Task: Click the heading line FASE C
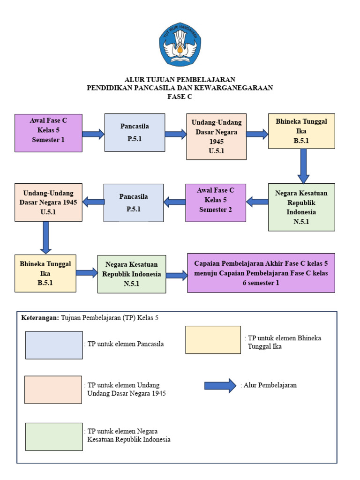pos(180,96)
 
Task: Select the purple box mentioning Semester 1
pos(48,133)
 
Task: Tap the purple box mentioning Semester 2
pos(216,202)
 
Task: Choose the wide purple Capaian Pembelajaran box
pos(261,273)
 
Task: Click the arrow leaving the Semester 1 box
pos(93,135)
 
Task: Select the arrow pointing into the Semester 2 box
pos(257,202)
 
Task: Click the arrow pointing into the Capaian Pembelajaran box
pos(176,276)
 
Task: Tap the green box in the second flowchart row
pos(301,207)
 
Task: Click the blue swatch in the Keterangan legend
pos(54,345)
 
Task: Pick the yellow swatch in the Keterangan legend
pos(213,340)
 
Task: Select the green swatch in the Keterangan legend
pos(54,437)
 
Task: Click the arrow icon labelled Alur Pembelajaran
pos(220,385)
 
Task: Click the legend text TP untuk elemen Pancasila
pos(124,345)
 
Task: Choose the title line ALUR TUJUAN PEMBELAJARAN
pos(180,79)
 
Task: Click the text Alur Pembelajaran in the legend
pos(270,385)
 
